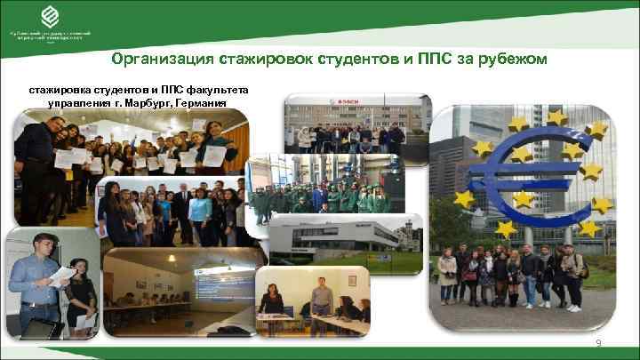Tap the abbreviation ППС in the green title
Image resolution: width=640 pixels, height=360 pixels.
pos(428,59)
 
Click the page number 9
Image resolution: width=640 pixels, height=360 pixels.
pos(599,343)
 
